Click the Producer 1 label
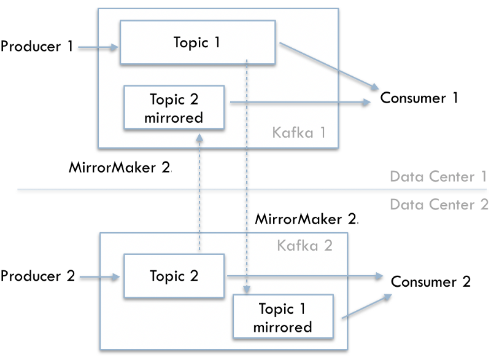point(37,46)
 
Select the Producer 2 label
point(37,276)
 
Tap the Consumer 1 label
point(419,98)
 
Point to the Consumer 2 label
point(431,281)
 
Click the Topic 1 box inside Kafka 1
point(198,42)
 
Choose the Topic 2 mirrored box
point(174,107)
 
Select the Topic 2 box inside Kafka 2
point(174,276)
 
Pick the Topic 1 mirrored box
point(283,316)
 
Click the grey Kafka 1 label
point(299,133)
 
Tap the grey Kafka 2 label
point(304,245)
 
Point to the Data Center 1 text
point(438,176)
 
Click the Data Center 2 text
point(439,205)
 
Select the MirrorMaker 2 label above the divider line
point(120,167)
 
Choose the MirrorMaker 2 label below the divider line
point(306,219)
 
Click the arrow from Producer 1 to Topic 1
point(98,47)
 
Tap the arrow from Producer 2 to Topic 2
point(100,276)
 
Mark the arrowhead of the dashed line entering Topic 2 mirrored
point(199,138)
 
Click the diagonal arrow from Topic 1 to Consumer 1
point(329,66)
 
